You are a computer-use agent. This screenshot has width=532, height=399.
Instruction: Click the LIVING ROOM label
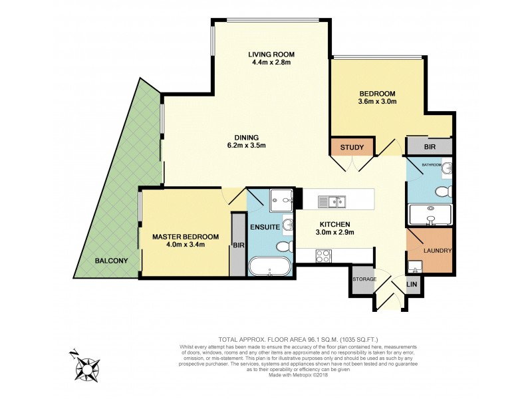pyautogui.click(x=271, y=54)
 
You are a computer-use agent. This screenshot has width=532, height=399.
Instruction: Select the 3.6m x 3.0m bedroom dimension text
pyautogui.click(x=377, y=102)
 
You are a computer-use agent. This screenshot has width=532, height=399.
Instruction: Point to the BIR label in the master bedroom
pyautogui.click(x=237, y=245)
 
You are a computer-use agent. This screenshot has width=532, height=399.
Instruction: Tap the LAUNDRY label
pyautogui.click(x=437, y=251)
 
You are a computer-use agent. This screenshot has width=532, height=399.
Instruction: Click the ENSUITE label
pyautogui.click(x=265, y=227)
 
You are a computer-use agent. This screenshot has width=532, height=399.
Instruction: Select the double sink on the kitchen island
pyautogui.click(x=331, y=200)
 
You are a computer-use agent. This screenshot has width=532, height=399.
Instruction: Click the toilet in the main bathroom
pyautogui.click(x=442, y=192)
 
